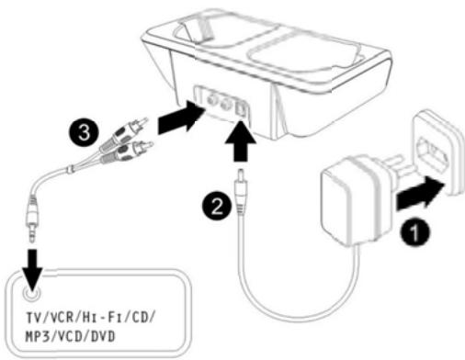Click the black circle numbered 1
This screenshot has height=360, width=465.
(414, 231)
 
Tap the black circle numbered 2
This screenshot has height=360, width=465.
(217, 206)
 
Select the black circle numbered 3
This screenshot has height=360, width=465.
(84, 132)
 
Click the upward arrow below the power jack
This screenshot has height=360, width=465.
(240, 141)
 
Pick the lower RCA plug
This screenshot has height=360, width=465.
(127, 152)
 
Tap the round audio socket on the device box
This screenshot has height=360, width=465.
(31, 293)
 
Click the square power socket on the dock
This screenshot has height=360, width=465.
(241, 108)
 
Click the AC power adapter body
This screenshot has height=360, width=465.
(352, 199)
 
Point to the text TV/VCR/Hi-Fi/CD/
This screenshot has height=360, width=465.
(91, 317)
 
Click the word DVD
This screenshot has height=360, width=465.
(103, 336)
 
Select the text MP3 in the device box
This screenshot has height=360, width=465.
(37, 336)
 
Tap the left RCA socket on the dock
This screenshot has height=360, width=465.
(210, 98)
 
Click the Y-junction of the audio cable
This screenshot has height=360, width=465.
(71, 168)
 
